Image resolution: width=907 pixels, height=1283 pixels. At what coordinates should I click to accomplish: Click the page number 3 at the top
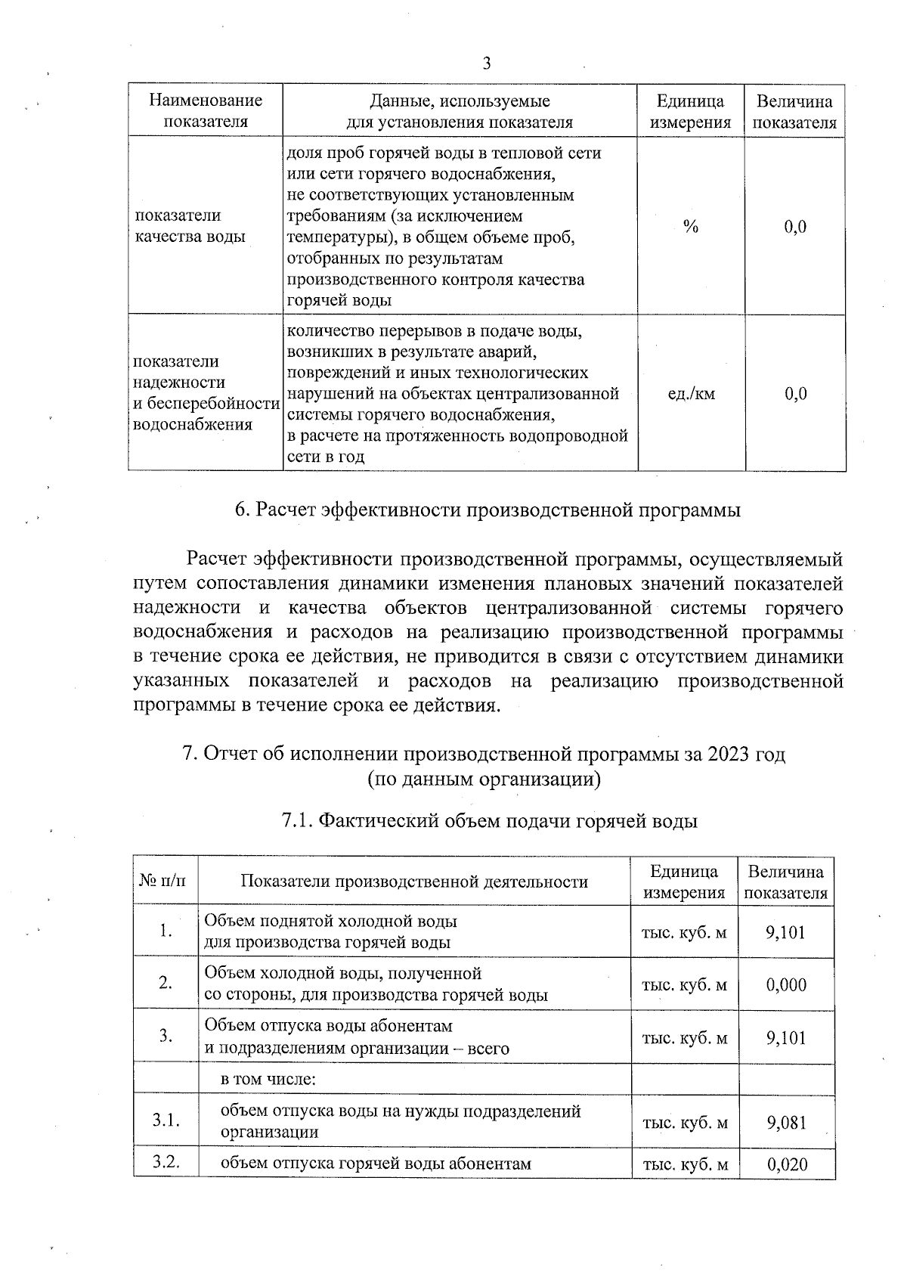[486, 64]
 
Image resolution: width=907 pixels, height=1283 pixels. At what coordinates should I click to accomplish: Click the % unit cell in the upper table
[690, 226]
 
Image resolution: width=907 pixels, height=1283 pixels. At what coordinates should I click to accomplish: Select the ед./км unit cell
[691, 393]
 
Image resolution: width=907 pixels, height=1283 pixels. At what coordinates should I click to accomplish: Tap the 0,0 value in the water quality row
[795, 226]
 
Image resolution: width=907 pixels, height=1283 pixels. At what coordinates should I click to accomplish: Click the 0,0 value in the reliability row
[795, 393]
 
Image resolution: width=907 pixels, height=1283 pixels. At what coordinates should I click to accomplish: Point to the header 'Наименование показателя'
[206, 111]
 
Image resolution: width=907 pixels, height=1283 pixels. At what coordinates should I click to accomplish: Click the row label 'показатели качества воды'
[190, 226]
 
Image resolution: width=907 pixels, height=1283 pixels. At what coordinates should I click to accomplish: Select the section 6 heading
[487, 510]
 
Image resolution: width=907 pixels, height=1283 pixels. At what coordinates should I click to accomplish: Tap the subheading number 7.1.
[296, 821]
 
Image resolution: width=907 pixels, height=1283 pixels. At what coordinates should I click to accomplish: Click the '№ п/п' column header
[166, 882]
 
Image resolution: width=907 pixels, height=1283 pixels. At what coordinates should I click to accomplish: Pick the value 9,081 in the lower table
[786, 1122]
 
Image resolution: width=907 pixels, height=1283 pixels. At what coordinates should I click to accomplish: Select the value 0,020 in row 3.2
[787, 1164]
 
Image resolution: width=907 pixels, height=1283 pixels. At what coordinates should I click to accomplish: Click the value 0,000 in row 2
[786, 984]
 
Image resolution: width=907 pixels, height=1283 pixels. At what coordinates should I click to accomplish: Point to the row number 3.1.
[166, 1121]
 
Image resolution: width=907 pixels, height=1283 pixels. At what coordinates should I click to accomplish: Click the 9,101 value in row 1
[786, 932]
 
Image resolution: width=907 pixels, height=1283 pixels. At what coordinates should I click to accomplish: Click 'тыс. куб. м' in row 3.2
[685, 1164]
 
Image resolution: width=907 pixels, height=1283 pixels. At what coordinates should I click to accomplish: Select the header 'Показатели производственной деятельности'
[414, 882]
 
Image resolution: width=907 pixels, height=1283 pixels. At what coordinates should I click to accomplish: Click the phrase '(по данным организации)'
[484, 779]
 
